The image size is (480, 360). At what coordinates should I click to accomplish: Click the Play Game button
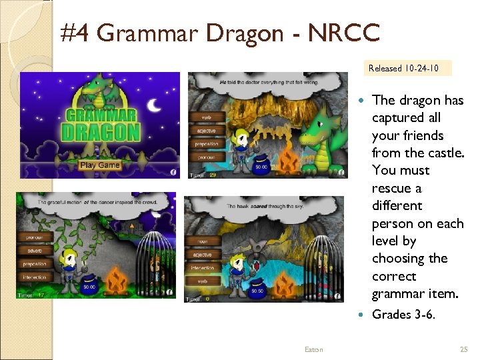click(x=99, y=165)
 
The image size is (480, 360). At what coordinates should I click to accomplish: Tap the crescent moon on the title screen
click(x=154, y=105)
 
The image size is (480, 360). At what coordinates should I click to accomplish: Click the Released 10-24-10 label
click(x=403, y=68)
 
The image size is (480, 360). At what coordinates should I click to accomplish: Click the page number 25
click(x=464, y=349)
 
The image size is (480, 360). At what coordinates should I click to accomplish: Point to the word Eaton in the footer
click(x=313, y=349)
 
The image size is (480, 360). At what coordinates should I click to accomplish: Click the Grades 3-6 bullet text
click(x=403, y=314)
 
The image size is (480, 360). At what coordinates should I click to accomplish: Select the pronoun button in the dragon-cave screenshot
click(x=206, y=157)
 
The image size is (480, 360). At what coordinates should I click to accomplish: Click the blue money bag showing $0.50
click(x=257, y=288)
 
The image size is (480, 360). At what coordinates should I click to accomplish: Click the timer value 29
click(x=213, y=175)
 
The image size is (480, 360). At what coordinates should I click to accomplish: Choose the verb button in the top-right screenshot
click(x=205, y=117)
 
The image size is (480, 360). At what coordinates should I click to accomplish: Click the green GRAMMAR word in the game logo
click(x=101, y=114)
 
